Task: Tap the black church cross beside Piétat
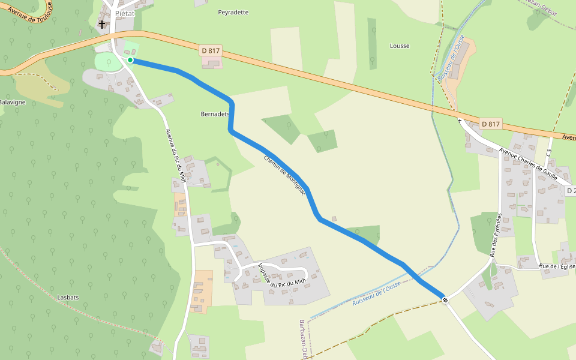coord(102,25)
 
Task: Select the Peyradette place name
coord(233,12)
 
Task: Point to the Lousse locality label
coord(400,46)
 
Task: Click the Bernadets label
coord(215,113)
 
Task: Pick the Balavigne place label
coord(12,102)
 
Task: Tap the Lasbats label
coord(68,297)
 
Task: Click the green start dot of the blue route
coord(130,60)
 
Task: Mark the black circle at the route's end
coord(445,299)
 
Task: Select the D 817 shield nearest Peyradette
coord(211,51)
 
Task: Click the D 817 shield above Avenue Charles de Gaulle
coord(490,124)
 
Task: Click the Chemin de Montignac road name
coord(286,175)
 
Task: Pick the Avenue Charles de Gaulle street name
coord(529,165)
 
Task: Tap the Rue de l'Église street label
coord(557,266)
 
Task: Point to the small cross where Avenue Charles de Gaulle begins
coord(460,121)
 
